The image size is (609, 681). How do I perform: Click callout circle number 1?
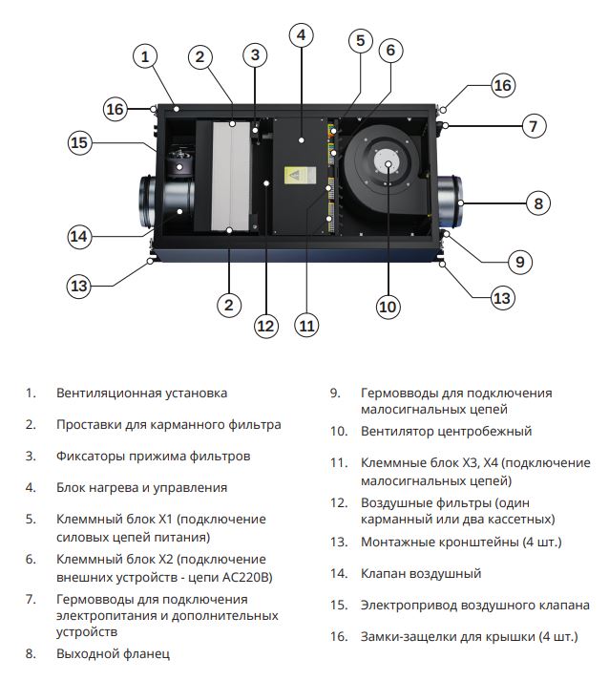144,56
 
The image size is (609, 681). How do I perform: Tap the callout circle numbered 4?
301,36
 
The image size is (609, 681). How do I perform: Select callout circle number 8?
538,202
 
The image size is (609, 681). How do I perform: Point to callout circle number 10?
388,306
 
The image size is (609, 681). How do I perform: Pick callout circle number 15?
80,143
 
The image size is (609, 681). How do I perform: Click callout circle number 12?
265,326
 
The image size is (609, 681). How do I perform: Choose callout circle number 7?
535,125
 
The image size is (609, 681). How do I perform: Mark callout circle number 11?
305,326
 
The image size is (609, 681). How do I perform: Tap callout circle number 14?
80,235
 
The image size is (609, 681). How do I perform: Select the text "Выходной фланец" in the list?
113,654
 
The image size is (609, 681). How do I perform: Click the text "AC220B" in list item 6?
245,577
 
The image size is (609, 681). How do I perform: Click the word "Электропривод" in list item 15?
405,606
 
